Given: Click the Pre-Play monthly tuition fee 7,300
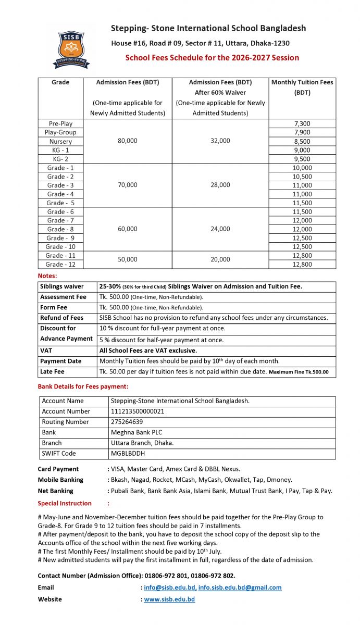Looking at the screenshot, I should click(302, 123).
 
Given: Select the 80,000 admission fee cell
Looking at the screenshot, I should click(128, 141).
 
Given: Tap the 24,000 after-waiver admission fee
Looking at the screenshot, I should click(220, 229).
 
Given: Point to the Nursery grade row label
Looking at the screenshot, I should click(61, 141).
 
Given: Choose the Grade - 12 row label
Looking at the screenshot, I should click(61, 264).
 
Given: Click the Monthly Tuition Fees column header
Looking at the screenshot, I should click(302, 87).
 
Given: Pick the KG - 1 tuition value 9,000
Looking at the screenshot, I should click(302, 150).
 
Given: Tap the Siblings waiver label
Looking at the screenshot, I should click(62, 286).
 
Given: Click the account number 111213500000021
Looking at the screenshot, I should click(138, 411).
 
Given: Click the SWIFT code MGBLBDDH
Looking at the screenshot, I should click(128, 454).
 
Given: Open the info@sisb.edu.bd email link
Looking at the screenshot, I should click(170, 587).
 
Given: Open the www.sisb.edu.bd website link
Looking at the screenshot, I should click(169, 599).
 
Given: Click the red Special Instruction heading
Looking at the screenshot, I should click(65, 503).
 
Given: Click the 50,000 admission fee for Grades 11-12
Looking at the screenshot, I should click(128, 259).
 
